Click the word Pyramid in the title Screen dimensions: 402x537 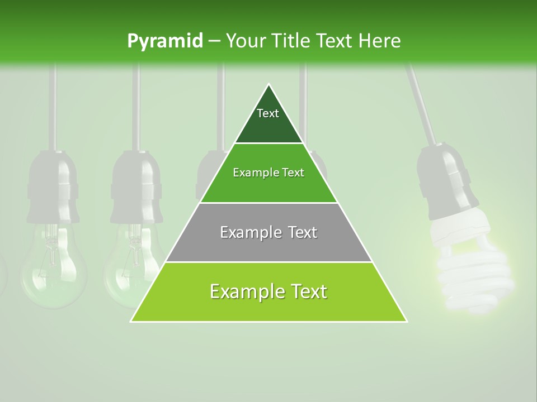[164, 41]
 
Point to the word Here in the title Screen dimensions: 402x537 [380, 41]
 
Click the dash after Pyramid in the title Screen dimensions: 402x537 [214, 41]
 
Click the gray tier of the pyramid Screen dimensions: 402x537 [268, 246]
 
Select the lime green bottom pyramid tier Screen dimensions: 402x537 [268, 307]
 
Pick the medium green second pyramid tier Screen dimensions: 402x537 [268, 187]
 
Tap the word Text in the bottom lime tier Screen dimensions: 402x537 [307, 291]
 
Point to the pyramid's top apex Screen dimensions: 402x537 [269, 85]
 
